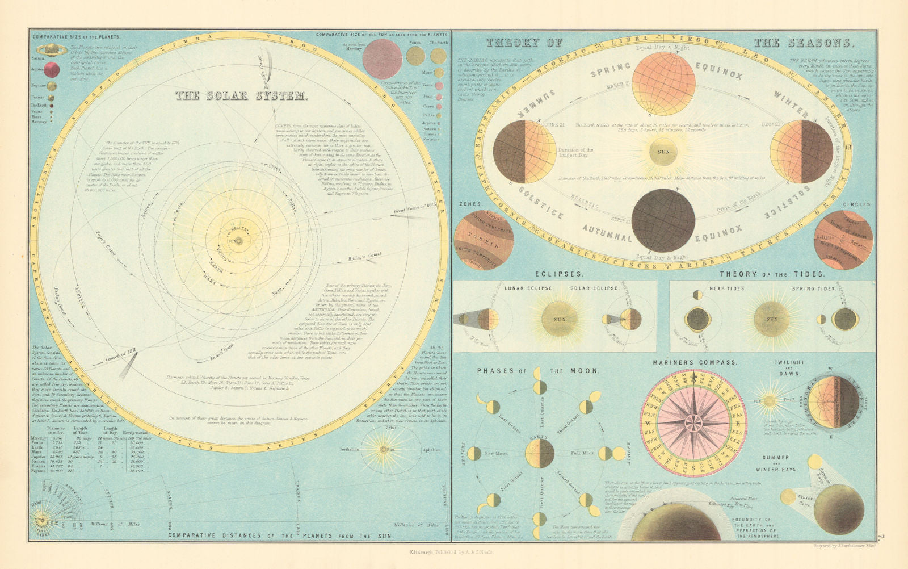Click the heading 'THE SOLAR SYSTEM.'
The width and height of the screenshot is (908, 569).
(241, 96)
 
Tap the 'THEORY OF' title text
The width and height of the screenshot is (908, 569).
(524, 43)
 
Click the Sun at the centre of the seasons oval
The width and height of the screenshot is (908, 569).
(663, 152)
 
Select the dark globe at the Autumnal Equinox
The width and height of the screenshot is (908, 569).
(663, 220)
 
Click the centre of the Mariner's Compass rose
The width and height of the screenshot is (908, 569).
(693, 422)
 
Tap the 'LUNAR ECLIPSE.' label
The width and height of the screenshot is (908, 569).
(529, 288)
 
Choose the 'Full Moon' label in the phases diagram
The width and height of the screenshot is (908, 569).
(583, 453)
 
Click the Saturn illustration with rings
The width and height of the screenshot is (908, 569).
(52, 50)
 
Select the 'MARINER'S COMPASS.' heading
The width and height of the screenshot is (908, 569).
(693, 362)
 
